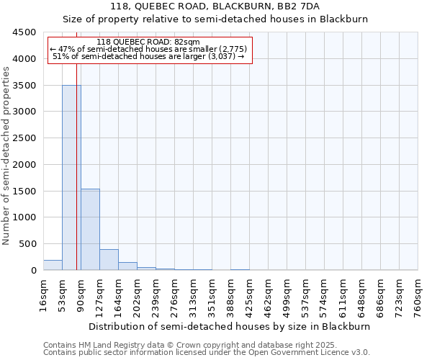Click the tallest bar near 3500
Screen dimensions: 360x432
tap(71, 177)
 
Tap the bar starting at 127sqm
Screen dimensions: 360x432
tap(109, 260)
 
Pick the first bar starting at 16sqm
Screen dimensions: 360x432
tap(53, 265)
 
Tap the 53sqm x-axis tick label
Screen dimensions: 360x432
tap(63, 295)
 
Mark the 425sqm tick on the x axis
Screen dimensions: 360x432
tap(250, 295)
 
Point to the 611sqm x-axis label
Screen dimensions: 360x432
tap(343, 295)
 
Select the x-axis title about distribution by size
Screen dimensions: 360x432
tap(231, 326)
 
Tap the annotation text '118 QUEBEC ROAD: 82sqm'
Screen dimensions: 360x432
tap(148, 42)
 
